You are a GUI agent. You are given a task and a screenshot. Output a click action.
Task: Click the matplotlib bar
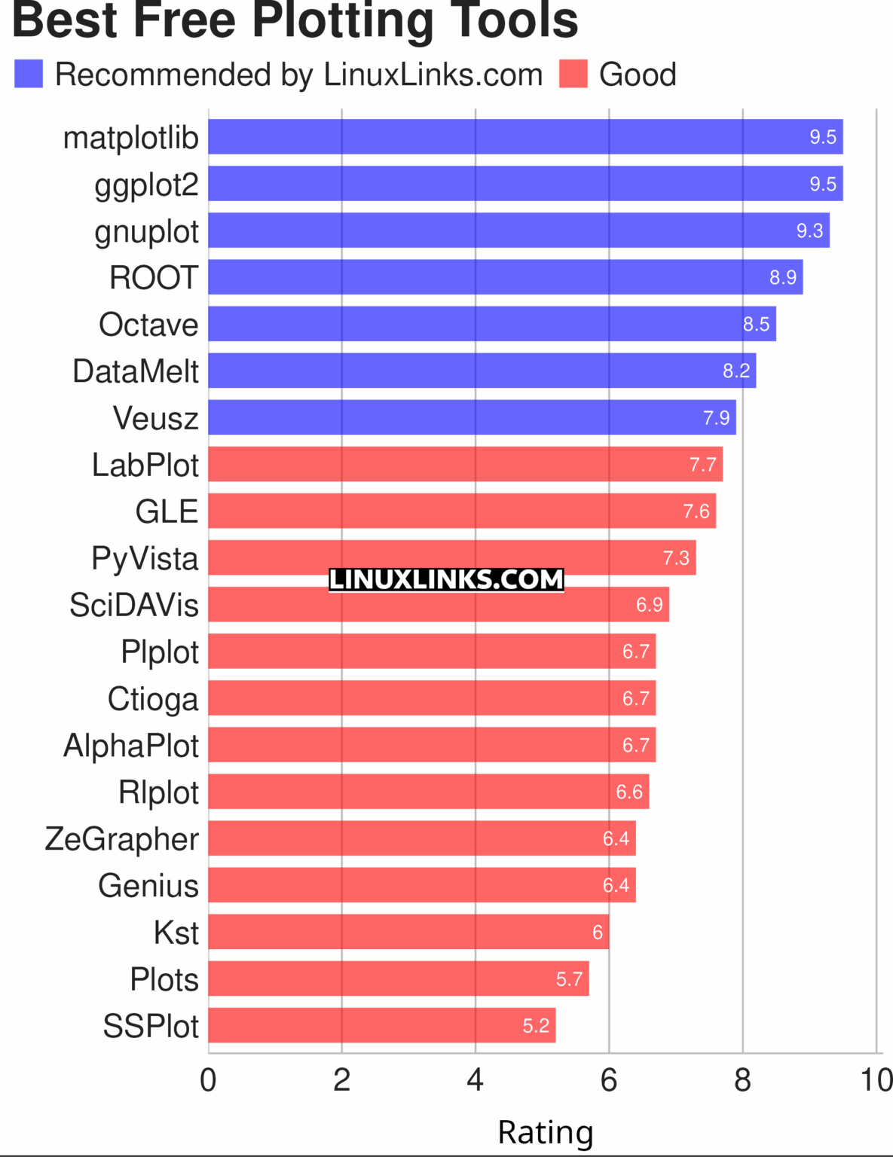click(525, 137)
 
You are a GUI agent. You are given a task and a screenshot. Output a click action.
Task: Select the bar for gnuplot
click(518, 230)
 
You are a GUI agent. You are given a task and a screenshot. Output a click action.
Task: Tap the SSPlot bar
click(381, 1025)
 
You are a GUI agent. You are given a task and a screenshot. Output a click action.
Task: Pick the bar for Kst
click(408, 932)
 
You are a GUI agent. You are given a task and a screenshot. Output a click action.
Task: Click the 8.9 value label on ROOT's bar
click(782, 278)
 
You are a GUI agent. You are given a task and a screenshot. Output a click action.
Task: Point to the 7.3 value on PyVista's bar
click(675, 558)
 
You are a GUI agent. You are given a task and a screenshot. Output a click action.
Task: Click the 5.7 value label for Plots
click(569, 979)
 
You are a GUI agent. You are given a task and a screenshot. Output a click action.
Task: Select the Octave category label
click(148, 325)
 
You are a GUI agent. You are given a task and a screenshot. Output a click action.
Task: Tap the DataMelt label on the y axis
click(136, 371)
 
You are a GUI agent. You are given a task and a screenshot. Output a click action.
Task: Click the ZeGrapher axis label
click(122, 839)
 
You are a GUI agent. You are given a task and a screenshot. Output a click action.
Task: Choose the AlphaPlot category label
click(131, 746)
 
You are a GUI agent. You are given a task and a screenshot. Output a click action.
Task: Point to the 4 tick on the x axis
click(475, 1080)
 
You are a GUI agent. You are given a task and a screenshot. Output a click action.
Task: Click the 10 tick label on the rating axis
click(876, 1080)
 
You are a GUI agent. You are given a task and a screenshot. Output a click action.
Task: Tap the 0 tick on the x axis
click(208, 1080)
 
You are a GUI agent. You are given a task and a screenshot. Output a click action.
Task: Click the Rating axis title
click(546, 1132)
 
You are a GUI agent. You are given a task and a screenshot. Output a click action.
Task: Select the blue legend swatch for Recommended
click(29, 75)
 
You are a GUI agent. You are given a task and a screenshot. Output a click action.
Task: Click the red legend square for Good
click(573, 75)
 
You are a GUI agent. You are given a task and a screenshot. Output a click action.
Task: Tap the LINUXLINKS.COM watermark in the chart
click(446, 579)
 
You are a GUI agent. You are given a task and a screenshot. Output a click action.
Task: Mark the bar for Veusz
click(472, 417)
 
